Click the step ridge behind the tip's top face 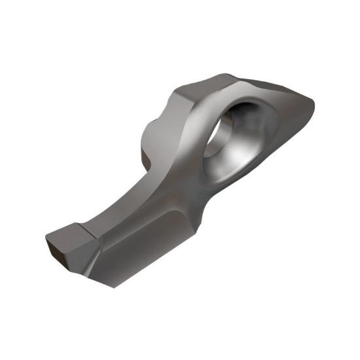(92, 232)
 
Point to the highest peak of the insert (226, 75)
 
